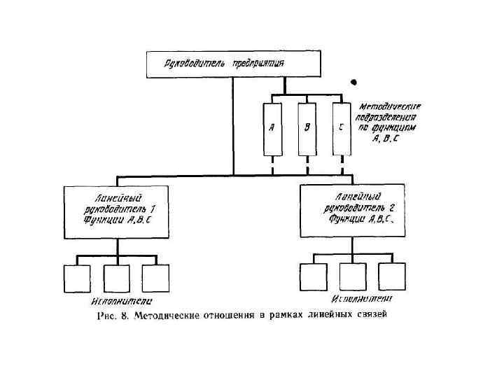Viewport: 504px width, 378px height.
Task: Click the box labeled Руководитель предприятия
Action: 233,64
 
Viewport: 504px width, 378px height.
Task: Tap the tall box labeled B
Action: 307,129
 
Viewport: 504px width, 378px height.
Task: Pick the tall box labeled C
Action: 341,129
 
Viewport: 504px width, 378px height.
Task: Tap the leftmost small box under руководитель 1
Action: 78,278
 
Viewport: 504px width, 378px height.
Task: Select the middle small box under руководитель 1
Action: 116,278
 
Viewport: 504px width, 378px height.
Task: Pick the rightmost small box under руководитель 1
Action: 155,278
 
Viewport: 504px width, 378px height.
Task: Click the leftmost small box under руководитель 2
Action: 313,276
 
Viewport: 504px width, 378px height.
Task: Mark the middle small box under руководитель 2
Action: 352,276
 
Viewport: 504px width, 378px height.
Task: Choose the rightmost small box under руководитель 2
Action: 391,276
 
